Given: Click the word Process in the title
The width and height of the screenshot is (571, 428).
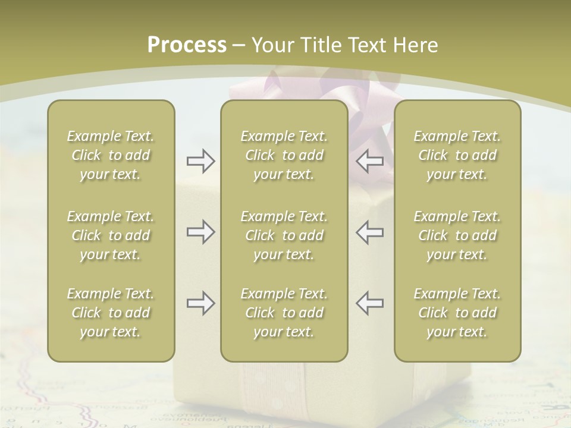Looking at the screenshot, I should [187, 45].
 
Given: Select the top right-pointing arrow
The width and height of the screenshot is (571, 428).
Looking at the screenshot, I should [201, 161].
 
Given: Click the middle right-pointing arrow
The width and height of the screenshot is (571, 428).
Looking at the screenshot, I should [201, 232].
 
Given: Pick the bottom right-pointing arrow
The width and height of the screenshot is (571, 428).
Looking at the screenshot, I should [201, 303].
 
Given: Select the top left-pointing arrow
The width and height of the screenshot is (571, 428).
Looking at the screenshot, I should [370, 161].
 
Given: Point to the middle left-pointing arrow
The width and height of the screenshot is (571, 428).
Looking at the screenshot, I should [370, 232].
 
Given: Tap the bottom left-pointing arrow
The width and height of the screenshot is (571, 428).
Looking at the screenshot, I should [370, 303].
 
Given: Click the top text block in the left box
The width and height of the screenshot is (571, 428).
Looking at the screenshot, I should [111, 155].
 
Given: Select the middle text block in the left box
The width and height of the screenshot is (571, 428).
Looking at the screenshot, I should [111, 235].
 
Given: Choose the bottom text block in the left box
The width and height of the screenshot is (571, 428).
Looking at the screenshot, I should [111, 313].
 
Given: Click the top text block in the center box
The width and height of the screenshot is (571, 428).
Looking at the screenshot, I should [284, 155].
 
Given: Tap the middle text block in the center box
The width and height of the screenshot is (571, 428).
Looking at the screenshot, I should [284, 235].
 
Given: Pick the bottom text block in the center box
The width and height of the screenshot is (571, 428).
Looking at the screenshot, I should [284, 313].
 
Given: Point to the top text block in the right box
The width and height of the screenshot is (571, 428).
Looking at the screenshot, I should [457, 155].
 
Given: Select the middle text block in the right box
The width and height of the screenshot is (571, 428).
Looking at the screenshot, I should [457, 235].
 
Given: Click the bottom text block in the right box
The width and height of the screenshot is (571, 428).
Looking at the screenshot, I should [457, 313].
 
